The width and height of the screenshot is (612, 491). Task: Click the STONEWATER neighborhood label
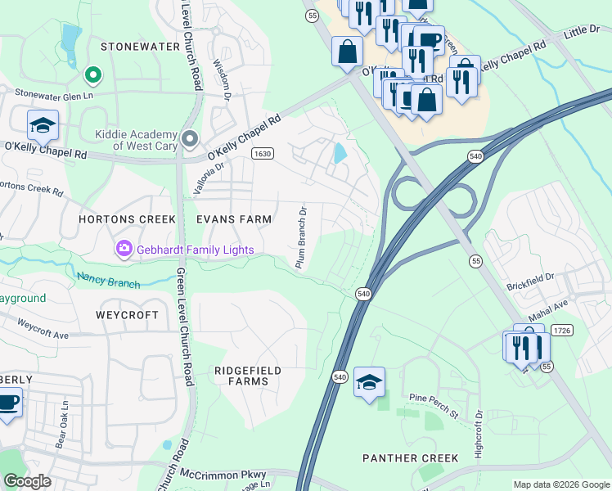[139, 47]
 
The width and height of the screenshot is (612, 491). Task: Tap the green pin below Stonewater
[93, 76]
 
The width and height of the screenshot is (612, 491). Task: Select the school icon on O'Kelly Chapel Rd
[43, 126]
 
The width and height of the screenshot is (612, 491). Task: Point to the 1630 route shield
[262, 153]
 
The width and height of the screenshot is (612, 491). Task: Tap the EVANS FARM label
[233, 219]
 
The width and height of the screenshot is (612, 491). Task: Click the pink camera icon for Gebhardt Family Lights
[124, 247]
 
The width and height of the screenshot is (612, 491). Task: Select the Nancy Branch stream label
[109, 280]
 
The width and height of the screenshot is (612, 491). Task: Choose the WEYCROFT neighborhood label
[127, 315]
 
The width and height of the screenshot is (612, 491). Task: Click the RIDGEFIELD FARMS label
[247, 376]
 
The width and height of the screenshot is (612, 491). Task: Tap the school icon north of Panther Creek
[369, 382]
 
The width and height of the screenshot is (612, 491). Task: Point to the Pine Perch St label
[434, 404]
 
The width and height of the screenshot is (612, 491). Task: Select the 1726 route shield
[560, 330]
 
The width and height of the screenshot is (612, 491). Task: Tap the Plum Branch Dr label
[301, 237]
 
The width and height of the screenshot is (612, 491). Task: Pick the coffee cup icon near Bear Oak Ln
[8, 404]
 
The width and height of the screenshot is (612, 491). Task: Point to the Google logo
[28, 481]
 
